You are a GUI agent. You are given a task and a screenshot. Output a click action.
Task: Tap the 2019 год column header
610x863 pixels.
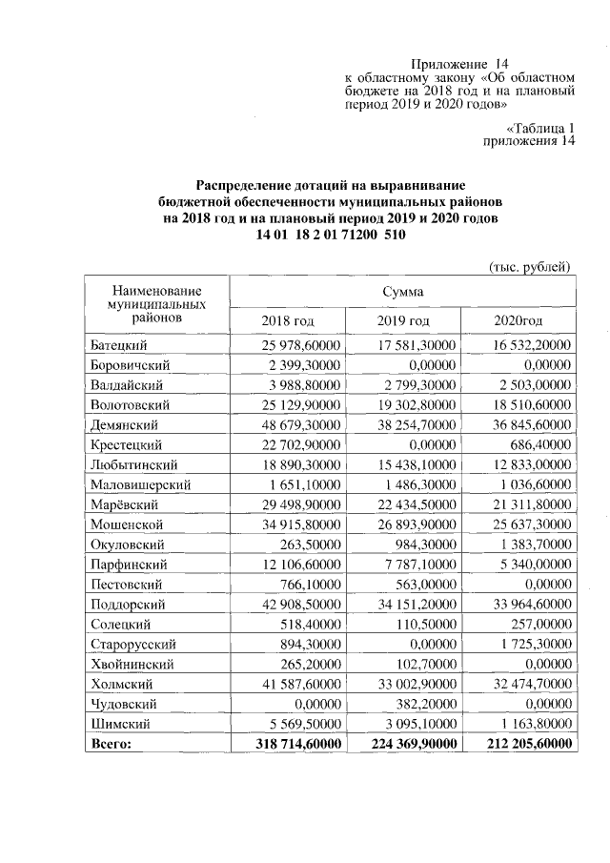coord(403,320)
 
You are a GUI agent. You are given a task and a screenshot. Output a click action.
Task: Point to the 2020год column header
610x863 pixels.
coord(518,320)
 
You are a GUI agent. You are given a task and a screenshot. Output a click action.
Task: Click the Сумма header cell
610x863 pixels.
coord(403,291)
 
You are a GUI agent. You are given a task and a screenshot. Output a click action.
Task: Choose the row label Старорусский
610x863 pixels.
coord(131,645)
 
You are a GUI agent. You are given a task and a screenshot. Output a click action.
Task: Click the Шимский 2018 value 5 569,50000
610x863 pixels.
coord(302,724)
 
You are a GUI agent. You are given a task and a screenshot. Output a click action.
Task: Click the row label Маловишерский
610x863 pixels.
coord(140,484)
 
